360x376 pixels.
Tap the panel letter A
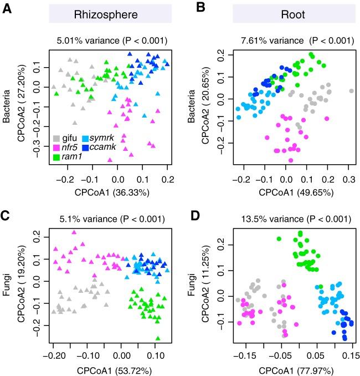[8, 9]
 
